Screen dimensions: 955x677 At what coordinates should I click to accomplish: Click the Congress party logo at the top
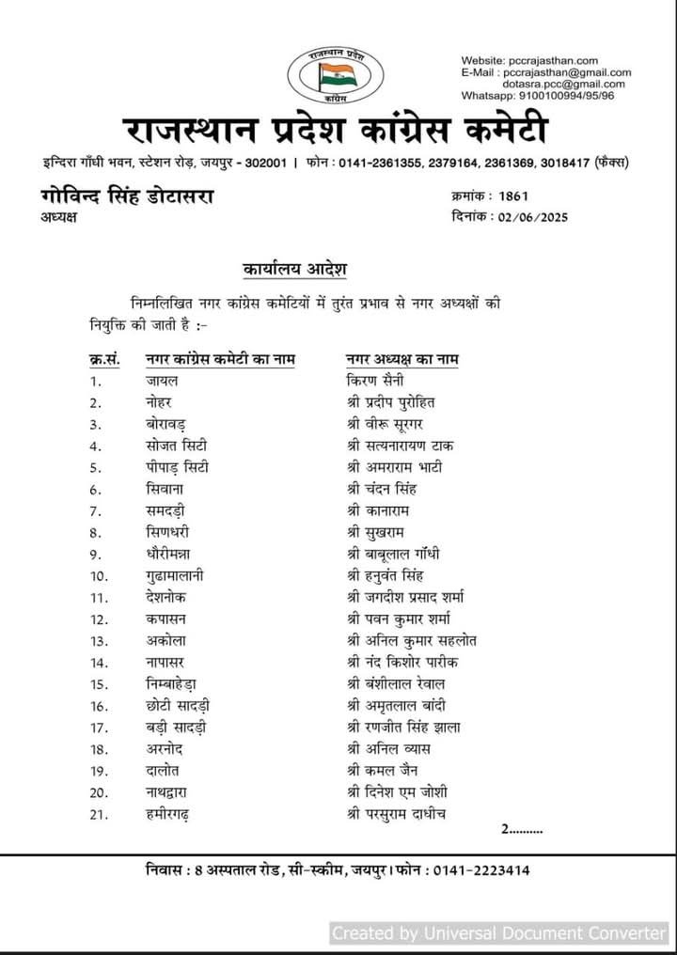coord(331,72)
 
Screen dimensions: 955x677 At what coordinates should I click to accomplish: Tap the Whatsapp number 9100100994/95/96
coord(568,96)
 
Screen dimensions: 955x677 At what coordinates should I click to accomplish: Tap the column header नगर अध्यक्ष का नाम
coord(403,358)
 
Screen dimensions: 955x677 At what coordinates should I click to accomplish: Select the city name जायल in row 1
coord(162,381)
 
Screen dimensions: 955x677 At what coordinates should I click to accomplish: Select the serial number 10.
coord(96,575)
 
